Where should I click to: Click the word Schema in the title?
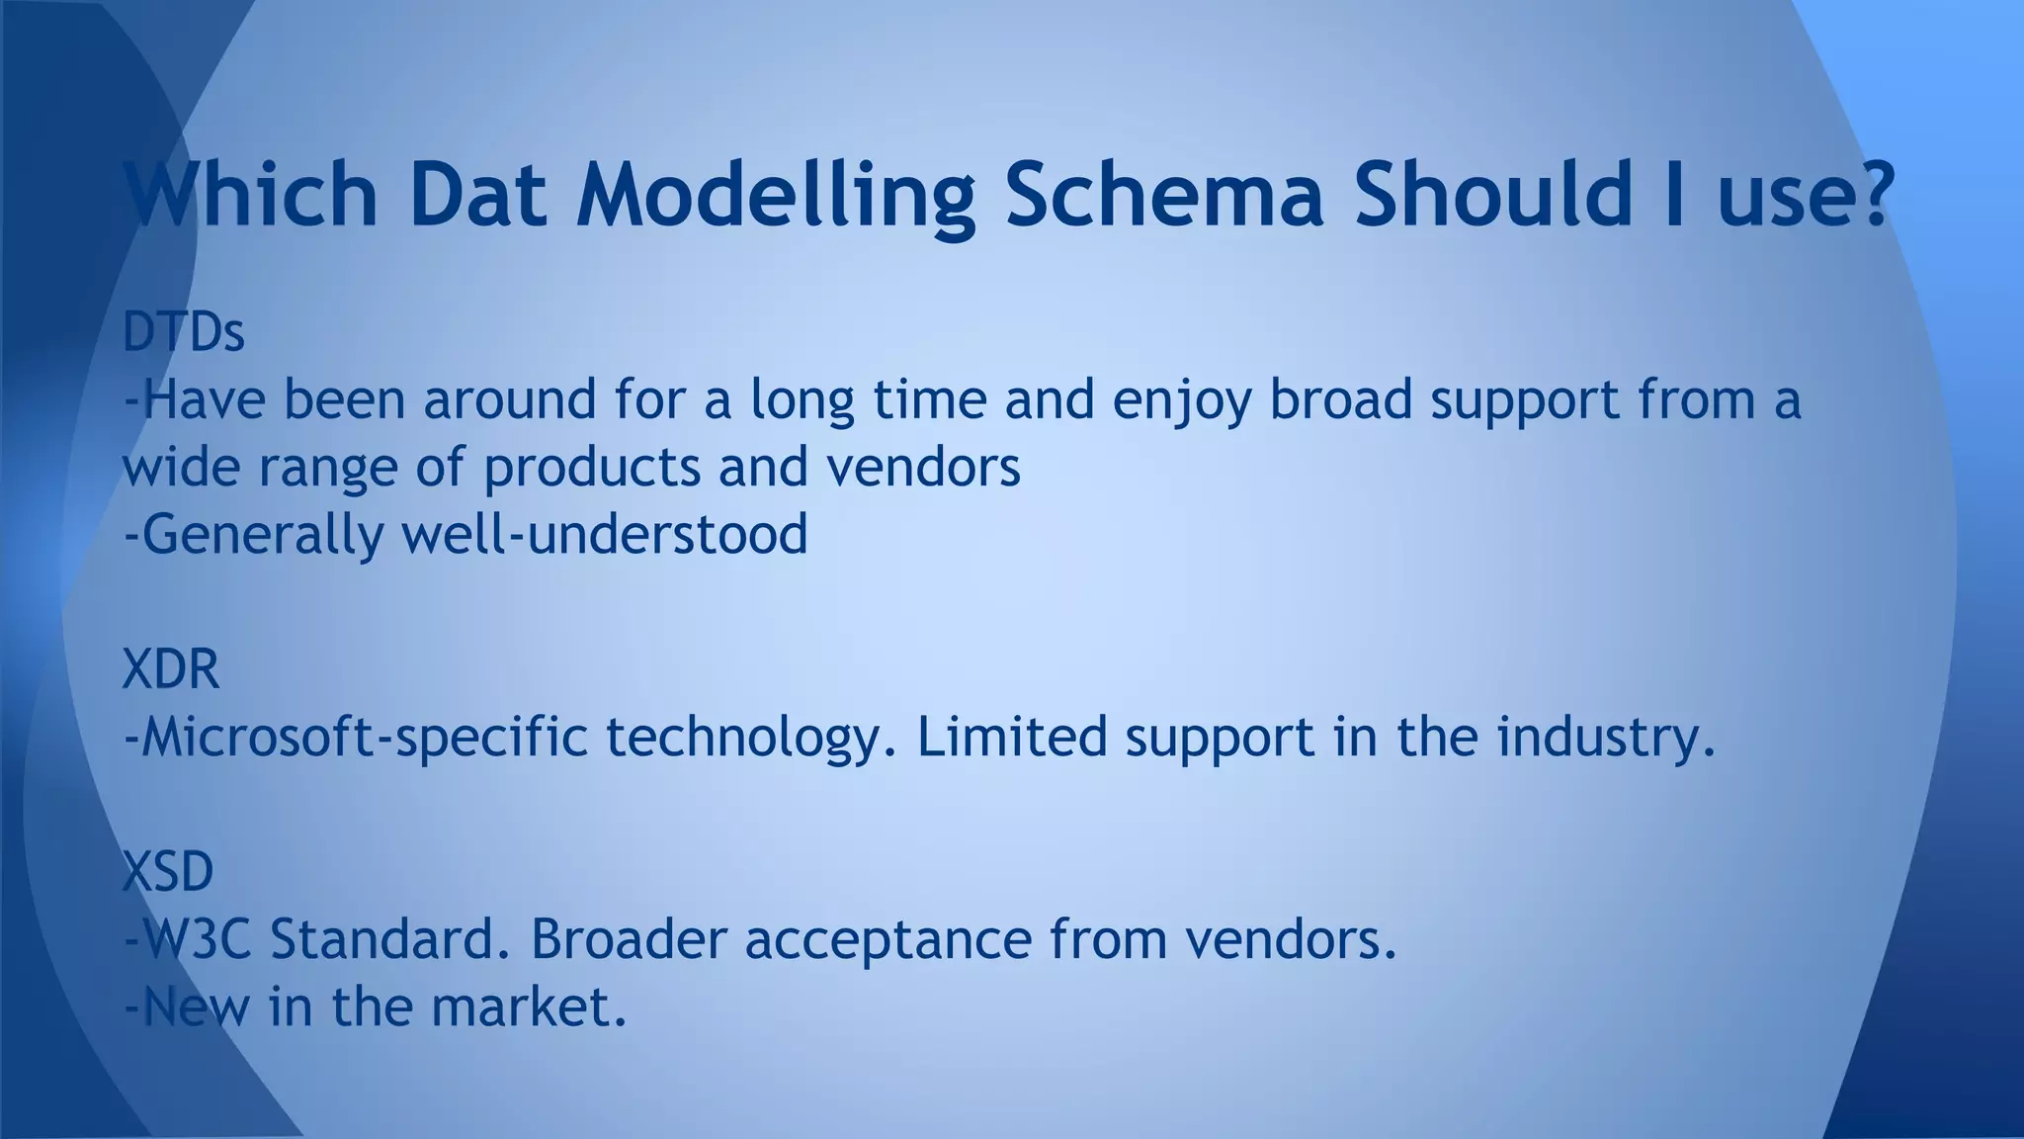tap(1163, 193)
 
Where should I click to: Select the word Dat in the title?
tap(477, 193)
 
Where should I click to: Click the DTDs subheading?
tap(184, 333)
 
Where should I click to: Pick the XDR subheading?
tap(171, 669)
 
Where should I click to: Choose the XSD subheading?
tap(168, 872)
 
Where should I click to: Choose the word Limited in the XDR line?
tap(1012, 738)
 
